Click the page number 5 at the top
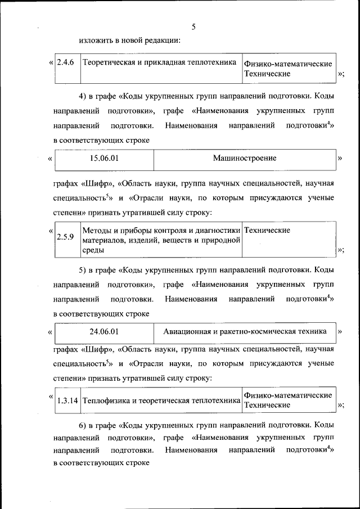click(193, 26)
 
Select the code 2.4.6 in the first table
click(66, 62)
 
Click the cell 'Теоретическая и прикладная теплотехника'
click(159, 62)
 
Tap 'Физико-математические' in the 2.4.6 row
click(288, 64)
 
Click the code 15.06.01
click(105, 159)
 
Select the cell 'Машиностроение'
click(244, 159)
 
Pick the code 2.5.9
click(65, 236)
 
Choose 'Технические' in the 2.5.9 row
click(268, 231)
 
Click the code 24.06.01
click(105, 331)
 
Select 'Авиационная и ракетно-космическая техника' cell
click(244, 331)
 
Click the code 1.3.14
click(67, 401)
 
